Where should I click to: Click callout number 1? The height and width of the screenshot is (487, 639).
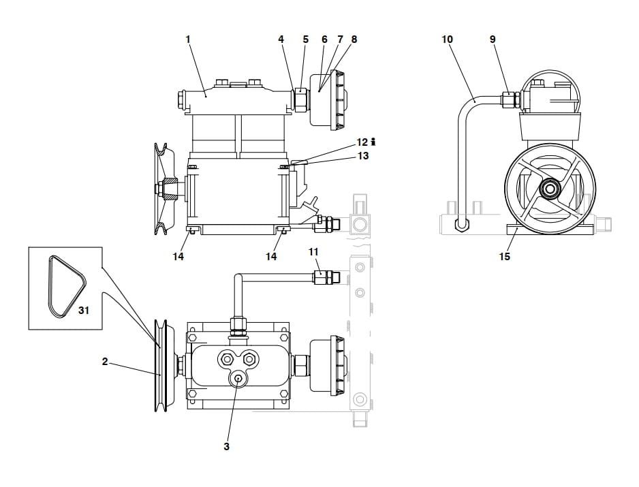[x=188, y=40]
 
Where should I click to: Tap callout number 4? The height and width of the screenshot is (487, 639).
[x=281, y=40]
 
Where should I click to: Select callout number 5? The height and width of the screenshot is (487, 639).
[x=306, y=40]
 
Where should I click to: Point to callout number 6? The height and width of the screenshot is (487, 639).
[x=324, y=40]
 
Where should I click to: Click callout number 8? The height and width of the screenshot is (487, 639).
[x=354, y=40]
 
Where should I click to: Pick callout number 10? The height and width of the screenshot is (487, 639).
[x=447, y=40]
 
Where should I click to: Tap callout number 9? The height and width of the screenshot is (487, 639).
[x=493, y=40]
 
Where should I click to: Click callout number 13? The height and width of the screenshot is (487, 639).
[x=362, y=156]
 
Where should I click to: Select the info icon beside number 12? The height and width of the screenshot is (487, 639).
[x=374, y=142]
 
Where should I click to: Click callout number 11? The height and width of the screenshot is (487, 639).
[x=313, y=252]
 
